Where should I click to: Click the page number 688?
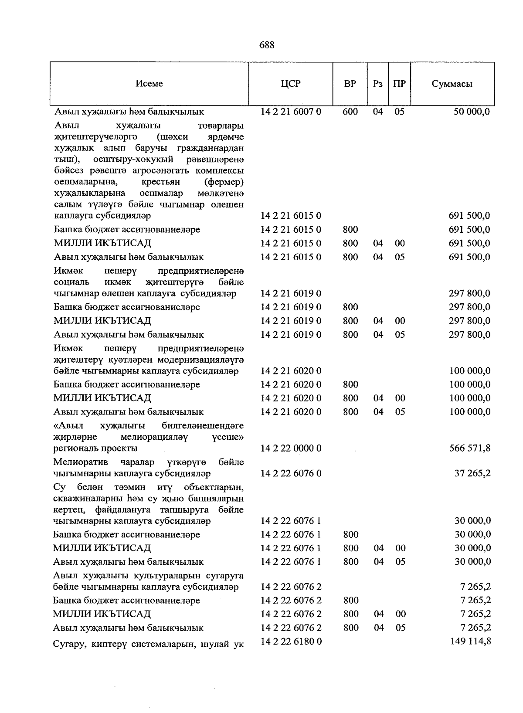pyautogui.click(x=266, y=45)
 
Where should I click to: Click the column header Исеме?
pyautogui.click(x=149, y=84)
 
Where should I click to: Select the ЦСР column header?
pyautogui.click(x=291, y=84)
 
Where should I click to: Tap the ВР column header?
pyautogui.click(x=350, y=84)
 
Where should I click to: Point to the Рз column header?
pyautogui.click(x=378, y=84)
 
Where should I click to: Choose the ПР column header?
pyautogui.click(x=399, y=84)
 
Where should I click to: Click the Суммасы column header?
pyautogui.click(x=452, y=84)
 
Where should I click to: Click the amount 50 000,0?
pyautogui.click(x=472, y=112)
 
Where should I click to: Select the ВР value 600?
pyautogui.click(x=350, y=112)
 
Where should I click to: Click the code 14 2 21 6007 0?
pyautogui.click(x=291, y=112)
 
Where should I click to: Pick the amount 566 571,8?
pyautogui.click(x=470, y=448)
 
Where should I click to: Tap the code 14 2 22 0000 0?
pyautogui.click(x=291, y=448)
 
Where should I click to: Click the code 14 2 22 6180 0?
pyautogui.click(x=291, y=641)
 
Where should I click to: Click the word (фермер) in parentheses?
pyautogui.click(x=224, y=181)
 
